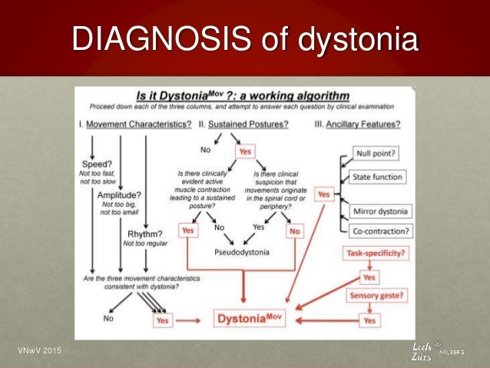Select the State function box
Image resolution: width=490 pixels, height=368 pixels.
[x=376, y=177]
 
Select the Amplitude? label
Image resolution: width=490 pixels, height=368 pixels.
[x=118, y=195]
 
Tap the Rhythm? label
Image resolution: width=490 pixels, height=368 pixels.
[x=142, y=234]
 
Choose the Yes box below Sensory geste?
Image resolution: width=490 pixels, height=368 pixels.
[x=369, y=319]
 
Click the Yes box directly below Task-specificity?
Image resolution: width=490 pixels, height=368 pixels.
[x=369, y=277]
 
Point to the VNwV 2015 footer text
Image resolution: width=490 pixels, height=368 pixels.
[x=38, y=352]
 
